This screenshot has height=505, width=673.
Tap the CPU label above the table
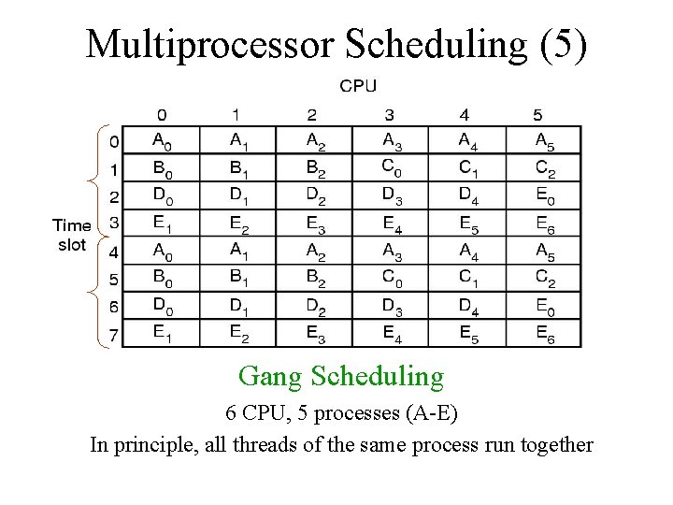[x=358, y=86]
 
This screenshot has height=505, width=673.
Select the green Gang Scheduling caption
[x=341, y=376]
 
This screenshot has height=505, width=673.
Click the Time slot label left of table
[x=71, y=235]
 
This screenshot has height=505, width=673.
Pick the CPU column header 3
[x=389, y=115]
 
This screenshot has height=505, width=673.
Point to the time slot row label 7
[x=113, y=335]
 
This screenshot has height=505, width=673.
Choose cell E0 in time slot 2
[x=543, y=196]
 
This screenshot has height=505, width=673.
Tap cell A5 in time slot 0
[x=543, y=141]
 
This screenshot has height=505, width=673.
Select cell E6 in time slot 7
[x=543, y=333]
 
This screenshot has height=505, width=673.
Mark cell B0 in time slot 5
[x=163, y=278]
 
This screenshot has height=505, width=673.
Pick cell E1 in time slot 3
[x=163, y=223]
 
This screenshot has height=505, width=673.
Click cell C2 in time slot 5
[x=543, y=278]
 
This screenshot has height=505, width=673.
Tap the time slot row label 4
[x=113, y=252]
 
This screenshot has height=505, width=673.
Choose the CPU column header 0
[x=163, y=115]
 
